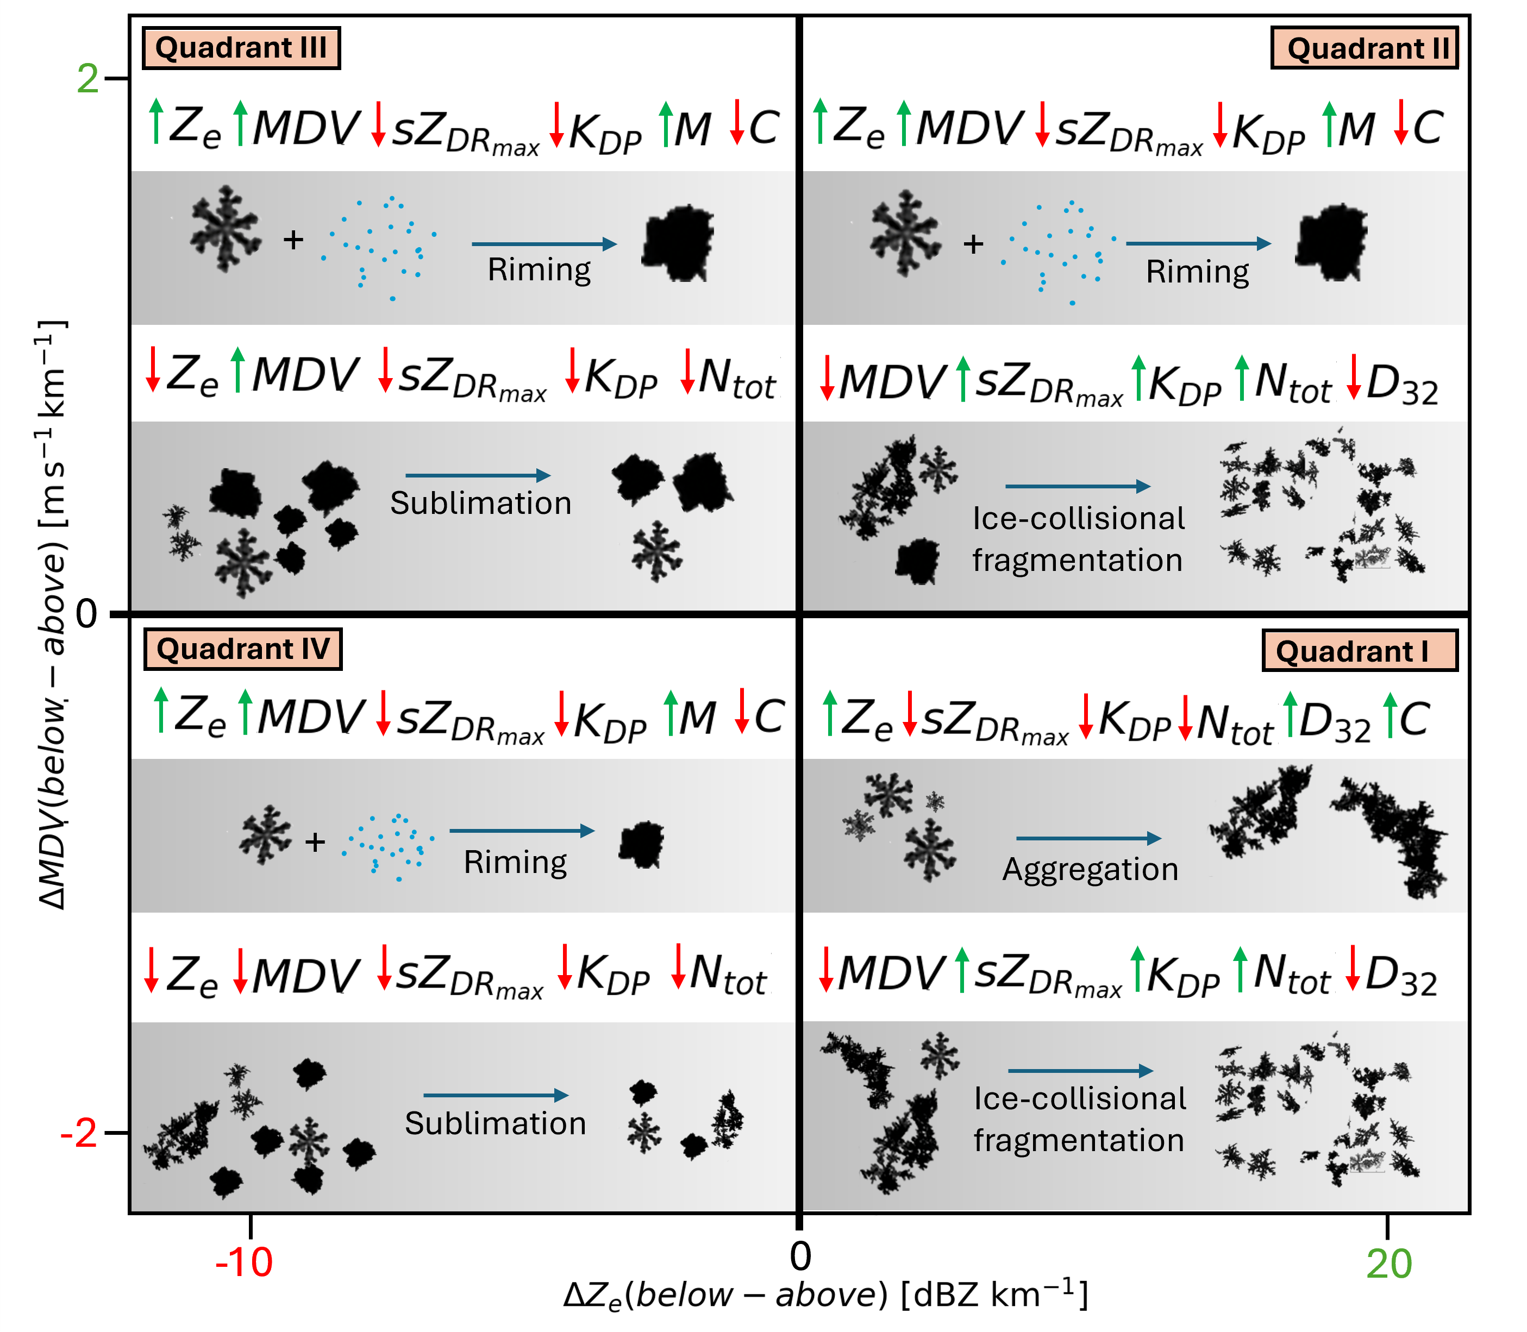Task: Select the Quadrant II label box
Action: pyautogui.click(x=1365, y=48)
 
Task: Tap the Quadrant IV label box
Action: pyautogui.click(x=242, y=649)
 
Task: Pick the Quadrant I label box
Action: pyautogui.click(x=1360, y=651)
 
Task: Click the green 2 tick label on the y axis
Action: pyautogui.click(x=87, y=78)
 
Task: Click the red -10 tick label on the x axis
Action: pyautogui.click(x=244, y=1262)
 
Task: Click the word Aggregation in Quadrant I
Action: pyautogui.click(x=1091, y=870)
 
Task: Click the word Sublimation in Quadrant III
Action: pyautogui.click(x=481, y=503)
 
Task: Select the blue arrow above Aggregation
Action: pyautogui.click(x=1089, y=838)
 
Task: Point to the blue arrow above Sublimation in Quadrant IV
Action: pyautogui.click(x=496, y=1095)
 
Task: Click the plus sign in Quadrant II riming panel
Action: pyautogui.click(x=973, y=244)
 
